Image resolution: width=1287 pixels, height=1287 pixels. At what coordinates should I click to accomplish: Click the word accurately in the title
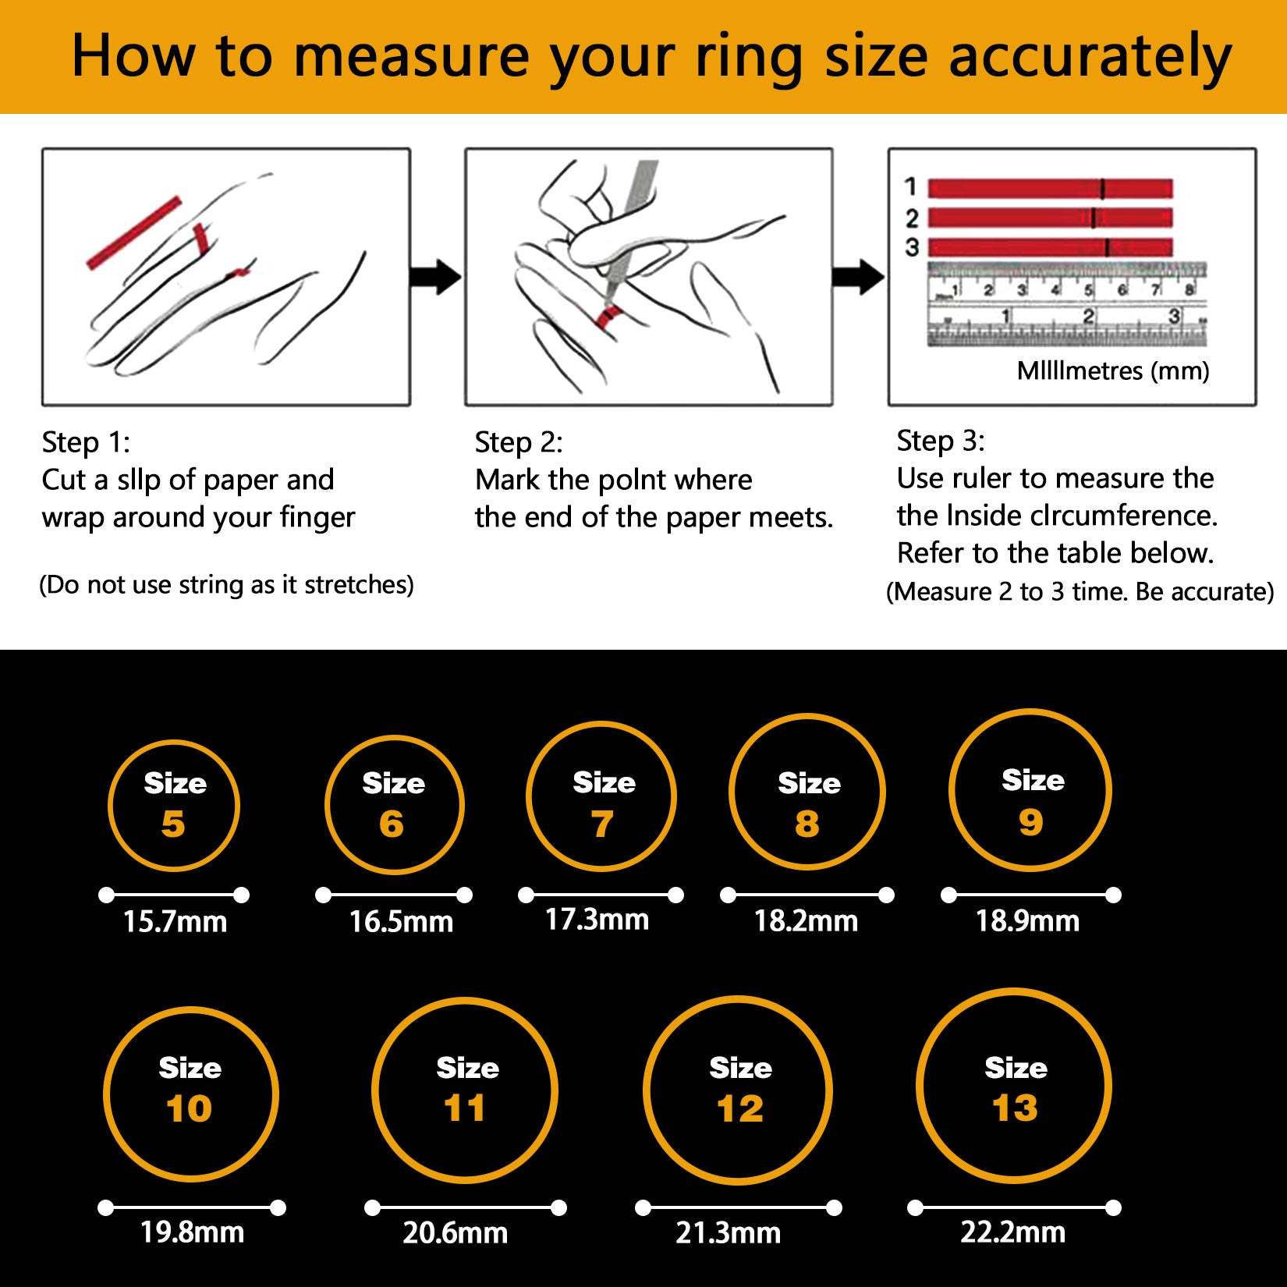(1090, 58)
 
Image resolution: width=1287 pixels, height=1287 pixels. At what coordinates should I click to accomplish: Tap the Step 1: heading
(86, 442)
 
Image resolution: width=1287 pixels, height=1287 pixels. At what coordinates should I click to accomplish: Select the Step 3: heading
(940, 441)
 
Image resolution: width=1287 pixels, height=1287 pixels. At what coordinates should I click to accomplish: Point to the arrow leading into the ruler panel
(859, 277)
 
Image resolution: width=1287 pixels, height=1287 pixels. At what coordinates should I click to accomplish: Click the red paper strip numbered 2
(1049, 218)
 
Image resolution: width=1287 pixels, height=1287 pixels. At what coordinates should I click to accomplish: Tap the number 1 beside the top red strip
(910, 187)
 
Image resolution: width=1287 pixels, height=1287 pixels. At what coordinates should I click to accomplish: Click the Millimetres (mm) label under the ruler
(1112, 370)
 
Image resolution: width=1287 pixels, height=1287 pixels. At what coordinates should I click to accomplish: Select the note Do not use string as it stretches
(226, 584)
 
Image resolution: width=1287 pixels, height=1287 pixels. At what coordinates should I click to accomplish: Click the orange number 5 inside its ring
(173, 824)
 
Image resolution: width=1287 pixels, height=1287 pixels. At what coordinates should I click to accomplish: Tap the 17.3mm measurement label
(597, 920)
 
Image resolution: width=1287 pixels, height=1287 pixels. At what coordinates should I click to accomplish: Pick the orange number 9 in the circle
(1030, 821)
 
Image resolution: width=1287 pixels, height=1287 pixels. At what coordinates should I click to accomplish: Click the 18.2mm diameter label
(806, 921)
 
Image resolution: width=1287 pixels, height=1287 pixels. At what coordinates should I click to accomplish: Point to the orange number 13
(1015, 1108)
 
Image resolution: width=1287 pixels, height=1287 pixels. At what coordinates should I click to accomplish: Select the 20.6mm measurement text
(456, 1233)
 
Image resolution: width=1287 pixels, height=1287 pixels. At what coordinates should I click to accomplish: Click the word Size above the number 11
(467, 1068)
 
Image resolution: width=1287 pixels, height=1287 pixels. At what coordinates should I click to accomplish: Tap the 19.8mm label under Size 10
(192, 1232)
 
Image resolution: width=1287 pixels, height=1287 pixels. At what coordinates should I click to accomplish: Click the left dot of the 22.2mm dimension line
(916, 1208)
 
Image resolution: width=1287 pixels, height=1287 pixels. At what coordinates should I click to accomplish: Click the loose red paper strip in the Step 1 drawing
(133, 233)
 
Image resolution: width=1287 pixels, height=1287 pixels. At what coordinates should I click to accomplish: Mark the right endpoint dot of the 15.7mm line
(241, 895)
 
